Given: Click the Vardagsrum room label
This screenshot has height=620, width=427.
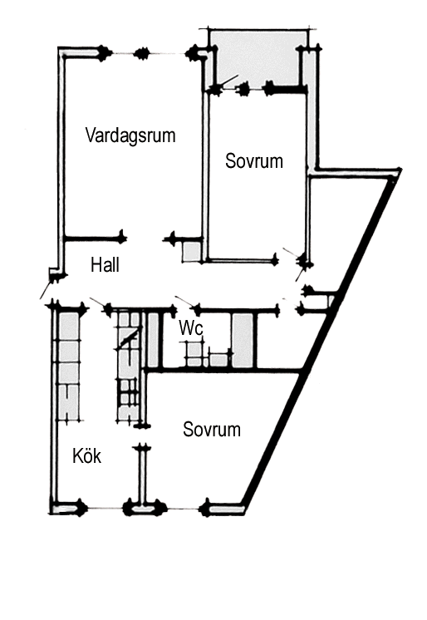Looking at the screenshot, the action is point(130,135).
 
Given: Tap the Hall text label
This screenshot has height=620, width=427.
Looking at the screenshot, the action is point(106,264).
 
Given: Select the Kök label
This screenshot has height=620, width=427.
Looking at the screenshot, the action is point(87,456).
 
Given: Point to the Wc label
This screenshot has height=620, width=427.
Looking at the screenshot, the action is point(191,327).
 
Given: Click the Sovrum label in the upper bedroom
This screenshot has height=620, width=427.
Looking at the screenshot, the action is point(254,161).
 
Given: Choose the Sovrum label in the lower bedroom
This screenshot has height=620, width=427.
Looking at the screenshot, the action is point(212,430).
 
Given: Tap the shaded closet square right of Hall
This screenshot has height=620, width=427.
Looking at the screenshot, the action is point(192,252).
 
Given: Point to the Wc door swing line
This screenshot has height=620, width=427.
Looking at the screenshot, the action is point(184,301).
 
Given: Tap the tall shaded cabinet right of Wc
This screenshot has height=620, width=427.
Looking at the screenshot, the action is point(242,340).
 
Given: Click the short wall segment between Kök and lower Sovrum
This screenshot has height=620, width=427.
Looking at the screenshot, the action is point(142,474).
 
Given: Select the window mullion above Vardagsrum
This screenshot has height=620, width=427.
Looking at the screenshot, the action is point(141,53).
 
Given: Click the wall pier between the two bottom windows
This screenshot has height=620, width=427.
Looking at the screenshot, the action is point(143,508).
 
